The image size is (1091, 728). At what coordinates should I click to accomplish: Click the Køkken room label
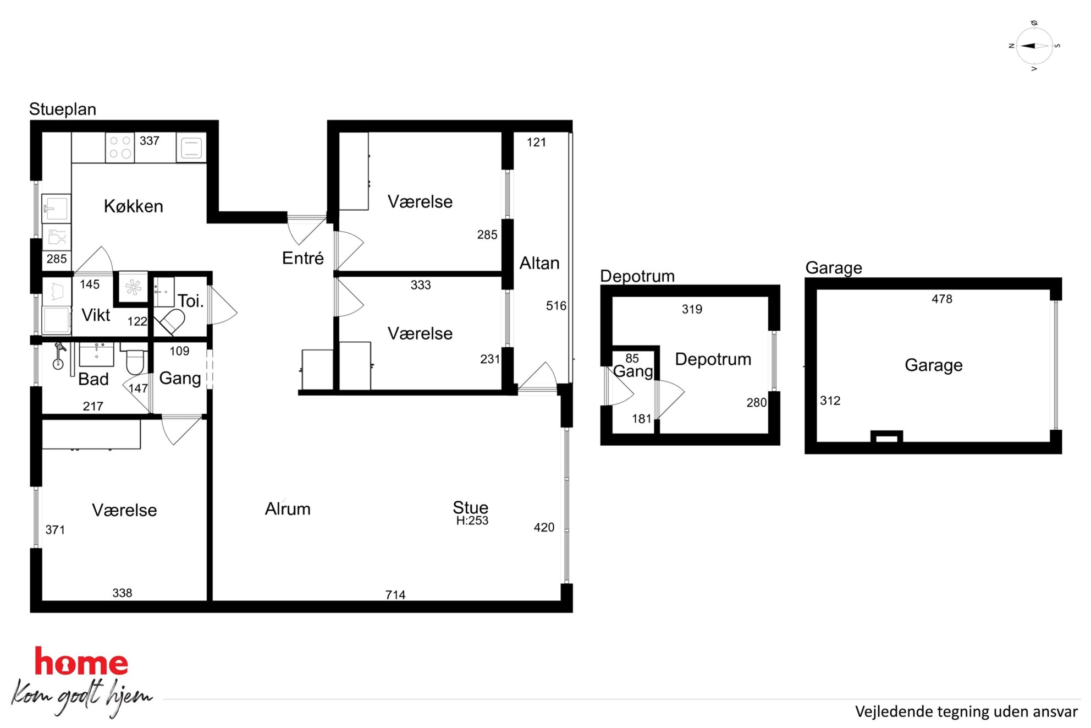pyautogui.click(x=134, y=206)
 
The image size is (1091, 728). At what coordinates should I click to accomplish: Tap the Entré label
pyautogui.click(x=303, y=258)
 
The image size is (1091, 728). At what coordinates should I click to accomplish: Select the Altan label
pyautogui.click(x=539, y=263)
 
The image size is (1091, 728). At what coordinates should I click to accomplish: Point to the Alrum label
pyautogui.click(x=288, y=509)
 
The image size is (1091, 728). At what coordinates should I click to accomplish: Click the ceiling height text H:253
pyautogui.click(x=472, y=521)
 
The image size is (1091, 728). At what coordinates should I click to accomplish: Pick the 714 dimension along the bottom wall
pyautogui.click(x=395, y=595)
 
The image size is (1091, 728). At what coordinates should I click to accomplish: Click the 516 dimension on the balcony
pyautogui.click(x=556, y=306)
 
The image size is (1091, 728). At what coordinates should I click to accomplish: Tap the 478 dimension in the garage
pyautogui.click(x=942, y=299)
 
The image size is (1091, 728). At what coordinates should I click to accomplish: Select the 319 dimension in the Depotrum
pyautogui.click(x=692, y=309)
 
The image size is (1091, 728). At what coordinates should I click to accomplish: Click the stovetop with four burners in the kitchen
pyautogui.click(x=120, y=147)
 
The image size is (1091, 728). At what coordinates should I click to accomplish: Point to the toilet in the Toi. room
pyautogui.click(x=170, y=321)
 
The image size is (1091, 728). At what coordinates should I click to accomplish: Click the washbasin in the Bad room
pyautogui.click(x=97, y=354)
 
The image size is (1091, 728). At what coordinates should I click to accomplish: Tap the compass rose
pyautogui.click(x=1034, y=46)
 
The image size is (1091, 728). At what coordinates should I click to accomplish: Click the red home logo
pyautogui.click(x=81, y=662)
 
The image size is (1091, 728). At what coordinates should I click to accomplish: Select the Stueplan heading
pyautogui.click(x=63, y=109)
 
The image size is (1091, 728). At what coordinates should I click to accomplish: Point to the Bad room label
pyautogui.click(x=93, y=379)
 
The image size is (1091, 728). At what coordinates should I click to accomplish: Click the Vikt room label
pyautogui.click(x=96, y=315)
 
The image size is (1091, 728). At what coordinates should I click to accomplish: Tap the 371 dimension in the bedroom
pyautogui.click(x=55, y=530)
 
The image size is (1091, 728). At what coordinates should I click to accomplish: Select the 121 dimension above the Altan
pyautogui.click(x=536, y=143)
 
